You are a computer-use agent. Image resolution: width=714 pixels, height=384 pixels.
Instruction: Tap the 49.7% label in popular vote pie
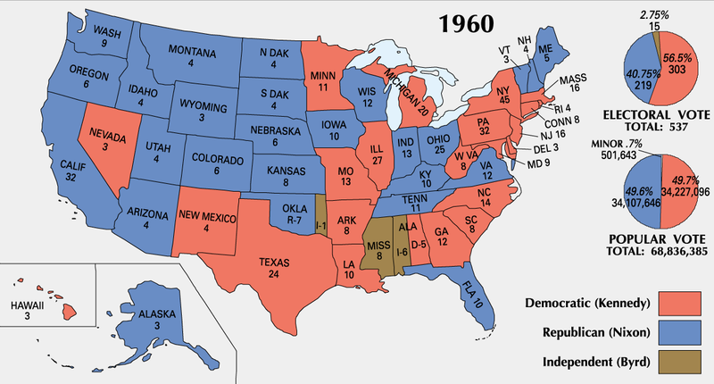pos(675,179)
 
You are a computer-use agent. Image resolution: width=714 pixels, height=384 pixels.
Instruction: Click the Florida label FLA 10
pos(477,298)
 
